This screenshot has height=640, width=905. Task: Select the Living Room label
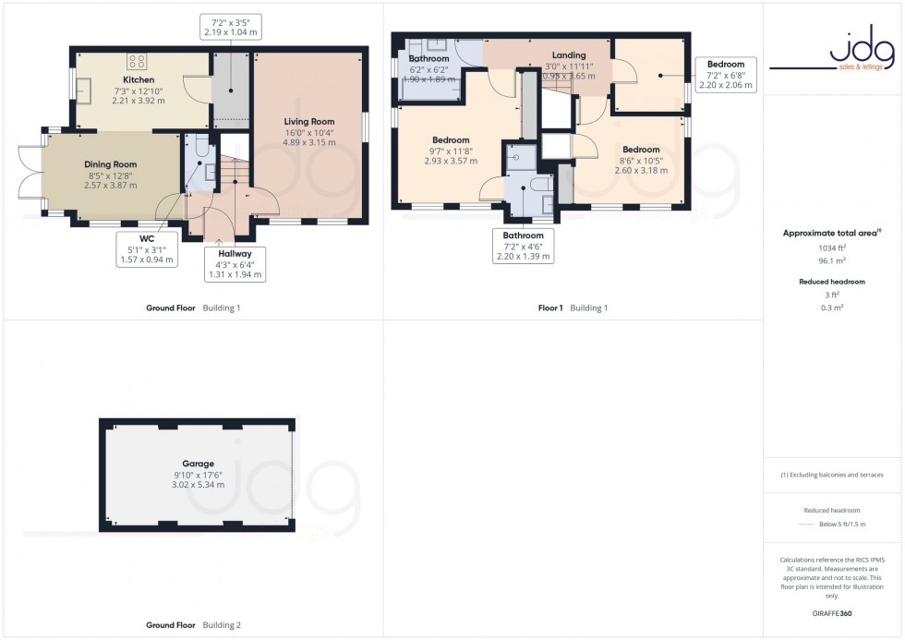tap(309, 121)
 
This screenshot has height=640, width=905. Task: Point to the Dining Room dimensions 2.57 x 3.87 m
tap(111, 186)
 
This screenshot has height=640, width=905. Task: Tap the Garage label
tap(199, 464)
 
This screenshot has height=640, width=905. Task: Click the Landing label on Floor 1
tap(569, 55)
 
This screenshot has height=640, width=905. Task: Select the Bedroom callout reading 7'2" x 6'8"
tap(725, 74)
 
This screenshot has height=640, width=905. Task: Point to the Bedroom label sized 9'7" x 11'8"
tap(451, 139)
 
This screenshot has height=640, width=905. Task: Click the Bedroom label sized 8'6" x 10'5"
tap(641, 149)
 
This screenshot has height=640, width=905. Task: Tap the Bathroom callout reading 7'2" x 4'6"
tap(524, 247)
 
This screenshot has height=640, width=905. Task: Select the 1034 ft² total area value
tap(833, 248)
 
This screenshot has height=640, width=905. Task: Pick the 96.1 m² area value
tap(833, 261)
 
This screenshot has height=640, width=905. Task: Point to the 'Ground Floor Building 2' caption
tap(194, 625)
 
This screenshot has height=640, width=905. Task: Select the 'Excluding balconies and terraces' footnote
tap(833, 475)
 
